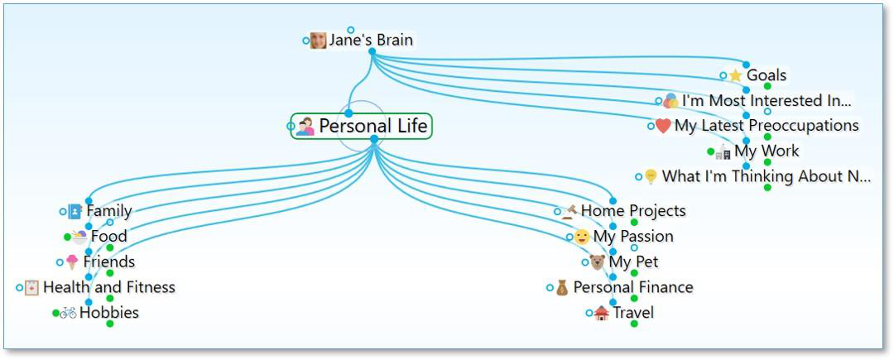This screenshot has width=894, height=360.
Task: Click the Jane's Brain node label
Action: click(x=370, y=40)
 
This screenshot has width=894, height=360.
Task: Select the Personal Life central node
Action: click(x=373, y=127)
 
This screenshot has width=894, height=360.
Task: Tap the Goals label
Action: click(x=767, y=75)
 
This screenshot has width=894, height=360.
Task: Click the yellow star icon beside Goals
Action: click(x=735, y=76)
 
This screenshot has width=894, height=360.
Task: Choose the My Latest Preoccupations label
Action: click(x=767, y=126)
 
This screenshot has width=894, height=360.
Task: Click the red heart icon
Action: click(x=663, y=126)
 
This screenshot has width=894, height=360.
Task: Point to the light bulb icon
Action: click(x=651, y=176)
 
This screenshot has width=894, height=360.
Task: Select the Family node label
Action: click(x=108, y=211)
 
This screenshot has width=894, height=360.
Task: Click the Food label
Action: click(x=108, y=237)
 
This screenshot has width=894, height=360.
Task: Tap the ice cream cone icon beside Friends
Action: click(x=72, y=262)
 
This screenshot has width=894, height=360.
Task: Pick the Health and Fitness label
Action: click(x=108, y=288)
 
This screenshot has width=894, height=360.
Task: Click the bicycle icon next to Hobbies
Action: click(x=68, y=313)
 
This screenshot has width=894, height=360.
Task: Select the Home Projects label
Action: click(x=633, y=211)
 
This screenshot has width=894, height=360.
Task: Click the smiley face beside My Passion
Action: click(x=582, y=237)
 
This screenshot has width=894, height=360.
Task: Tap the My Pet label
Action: click(x=633, y=262)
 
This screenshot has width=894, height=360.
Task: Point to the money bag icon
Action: click(x=562, y=288)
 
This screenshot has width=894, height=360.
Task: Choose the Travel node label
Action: click(x=633, y=313)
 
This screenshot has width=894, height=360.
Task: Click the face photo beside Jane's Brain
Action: click(x=318, y=41)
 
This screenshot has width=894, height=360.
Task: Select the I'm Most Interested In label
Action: click(x=767, y=101)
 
